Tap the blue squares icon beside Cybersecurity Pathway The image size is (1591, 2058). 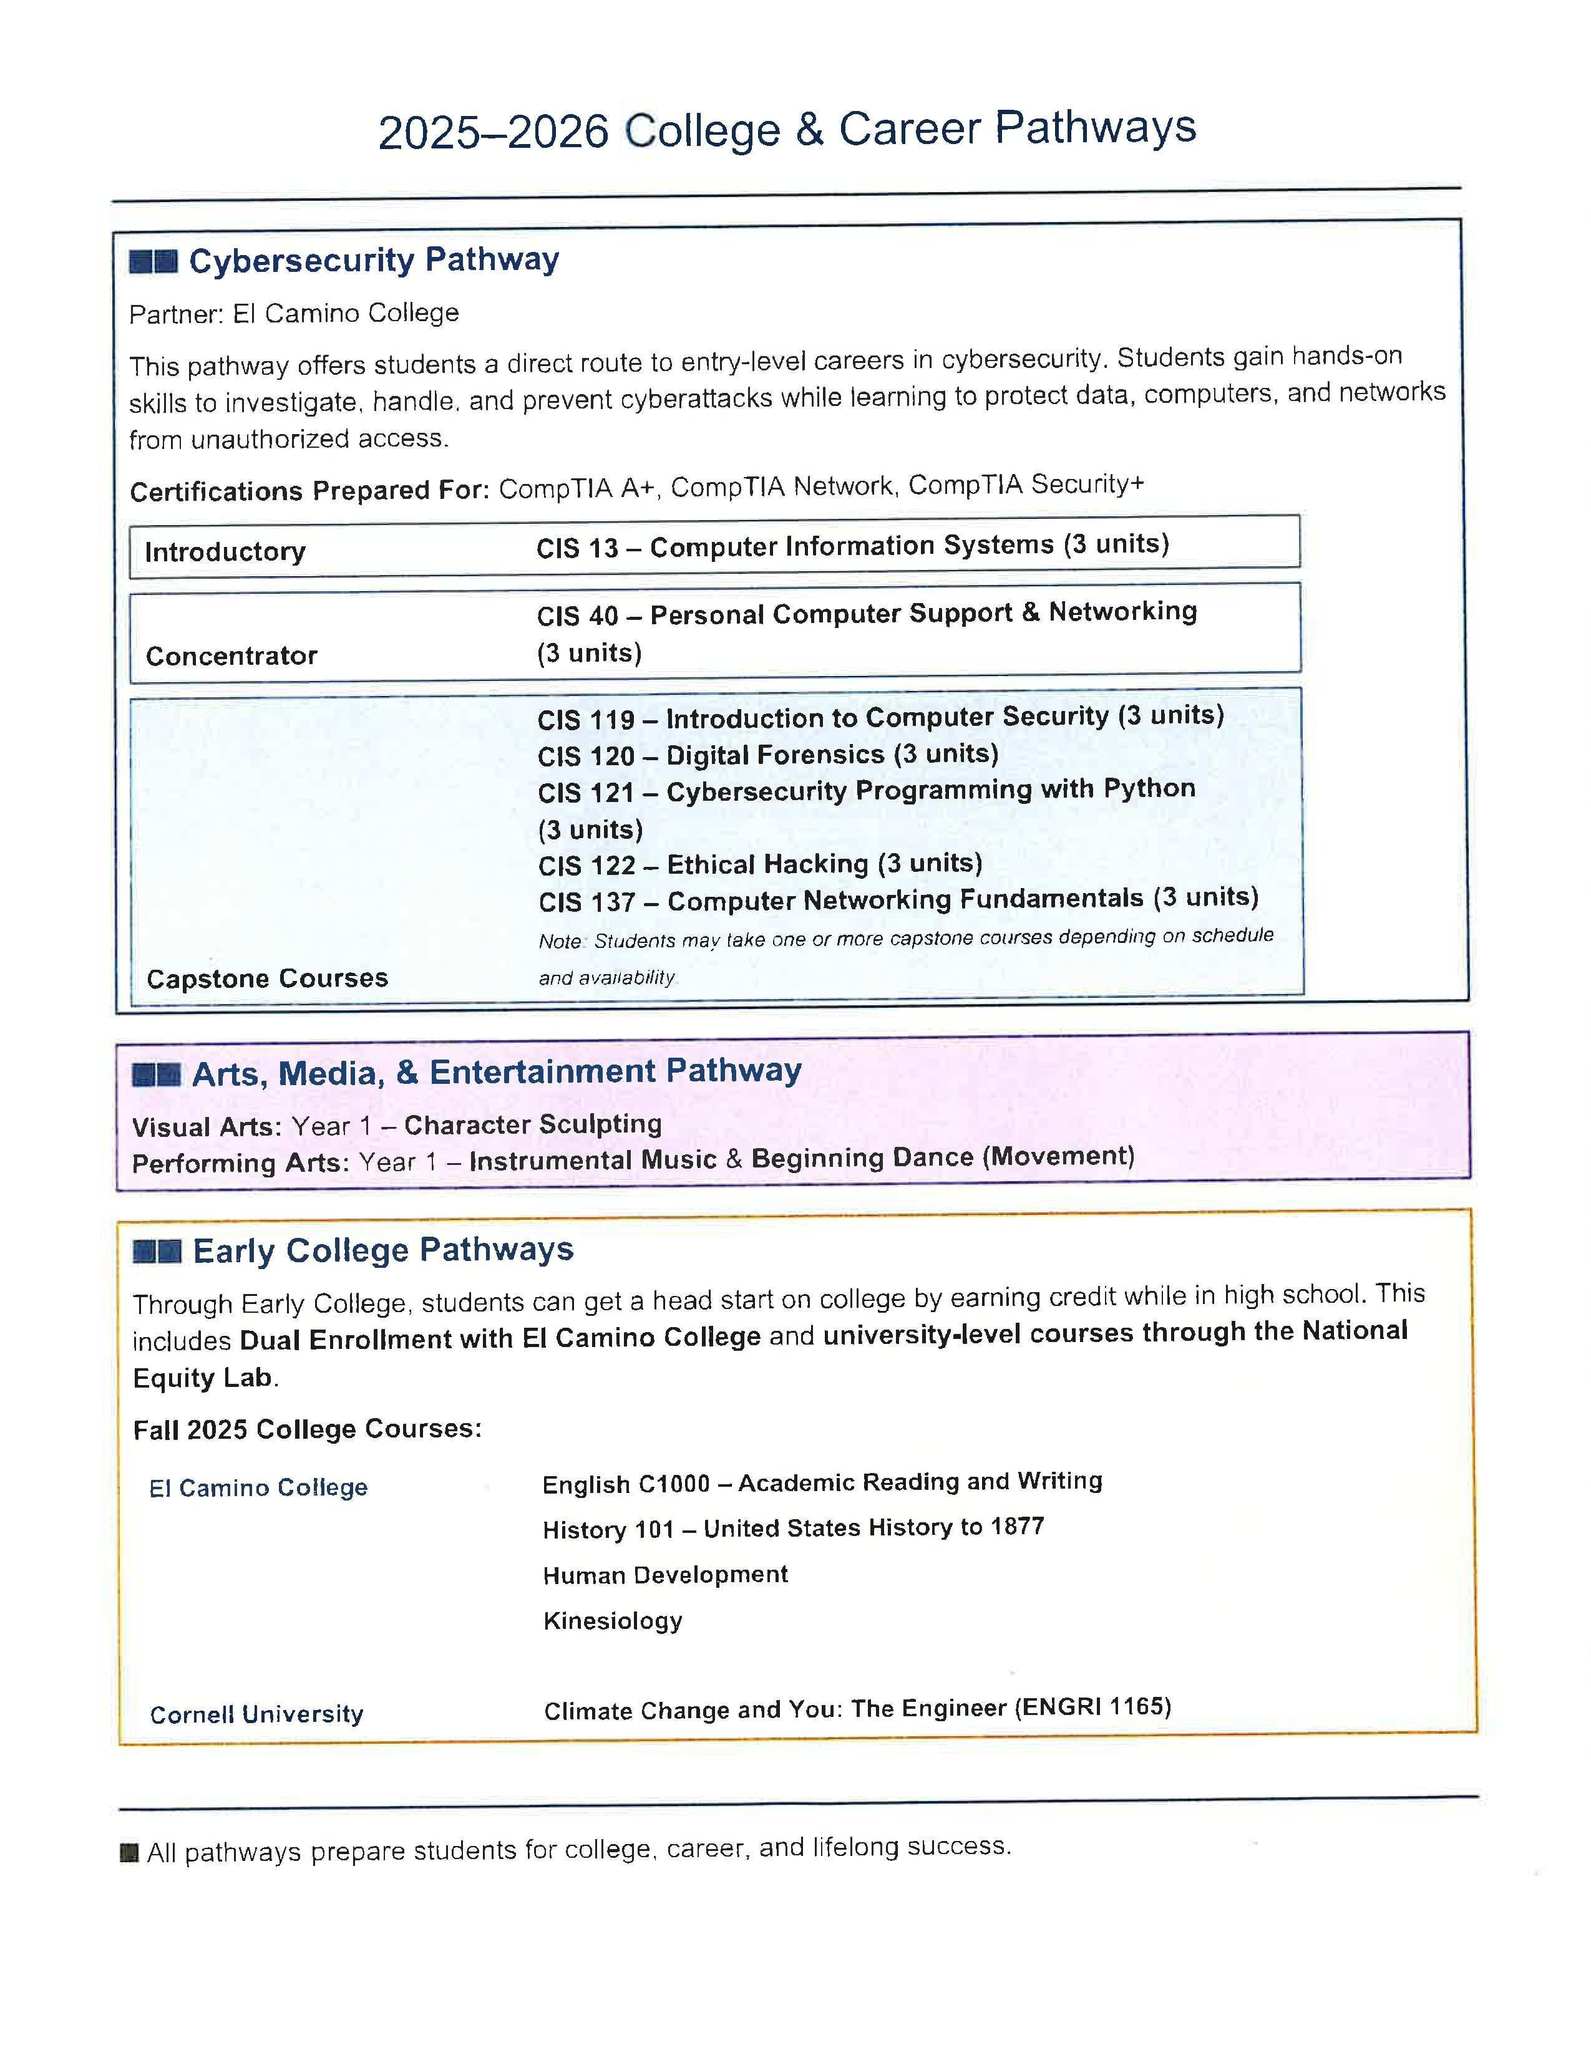click(x=153, y=261)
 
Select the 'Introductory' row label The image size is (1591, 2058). click(x=225, y=551)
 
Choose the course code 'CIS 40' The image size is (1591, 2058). click(x=577, y=616)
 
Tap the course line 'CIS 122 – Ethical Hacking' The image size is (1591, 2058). click(x=760, y=864)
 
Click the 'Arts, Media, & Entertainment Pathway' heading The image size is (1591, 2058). click(x=497, y=1073)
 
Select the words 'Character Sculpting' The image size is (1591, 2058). click(x=533, y=1124)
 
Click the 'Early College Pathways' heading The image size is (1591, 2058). click(x=382, y=1250)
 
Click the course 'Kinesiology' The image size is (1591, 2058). click(x=613, y=1621)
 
